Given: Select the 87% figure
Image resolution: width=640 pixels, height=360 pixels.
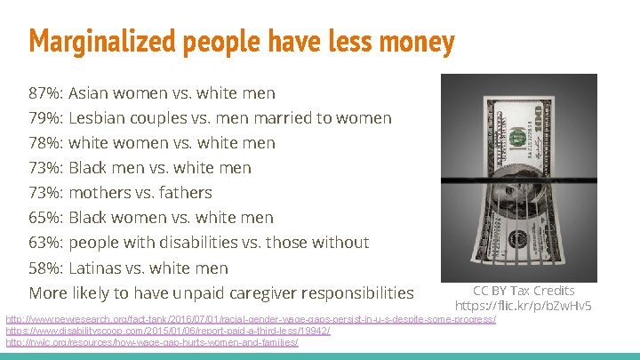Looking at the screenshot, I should pyautogui.click(x=45, y=93).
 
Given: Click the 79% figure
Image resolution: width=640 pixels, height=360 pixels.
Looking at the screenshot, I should pyautogui.click(x=45, y=118).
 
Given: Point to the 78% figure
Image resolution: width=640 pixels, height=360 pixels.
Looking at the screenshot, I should pyautogui.click(x=45, y=143).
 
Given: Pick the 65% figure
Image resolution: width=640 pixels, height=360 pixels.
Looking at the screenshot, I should pyautogui.click(x=45, y=218).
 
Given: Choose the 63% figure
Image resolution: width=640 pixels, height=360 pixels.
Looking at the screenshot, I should pyautogui.click(x=45, y=243).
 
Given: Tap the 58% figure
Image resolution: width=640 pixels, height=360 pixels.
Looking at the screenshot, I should pyautogui.click(x=45, y=268).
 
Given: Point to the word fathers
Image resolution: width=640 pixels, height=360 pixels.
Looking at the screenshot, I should pyautogui.click(x=185, y=193).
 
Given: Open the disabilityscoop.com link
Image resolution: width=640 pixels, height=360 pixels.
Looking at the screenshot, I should pyautogui.click(x=168, y=331).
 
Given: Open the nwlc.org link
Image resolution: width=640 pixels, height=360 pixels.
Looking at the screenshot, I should pyautogui.click(x=152, y=342).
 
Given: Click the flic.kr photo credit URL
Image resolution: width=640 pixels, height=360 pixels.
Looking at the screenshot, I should pyautogui.click(x=524, y=306).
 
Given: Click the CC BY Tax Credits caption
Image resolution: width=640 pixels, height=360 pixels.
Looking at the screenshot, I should pyautogui.click(x=524, y=291).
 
